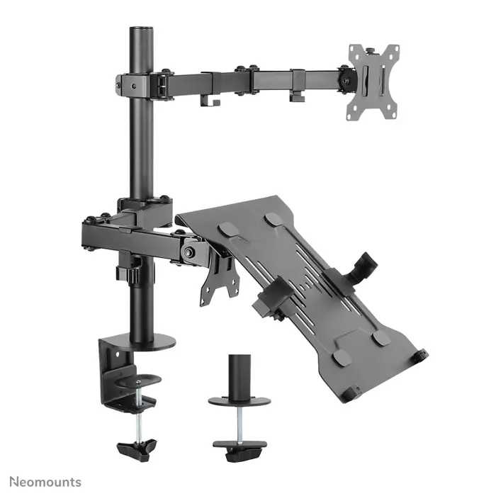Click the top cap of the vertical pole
point(141,30)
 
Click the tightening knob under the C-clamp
point(137,448)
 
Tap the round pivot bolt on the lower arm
point(189,252)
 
